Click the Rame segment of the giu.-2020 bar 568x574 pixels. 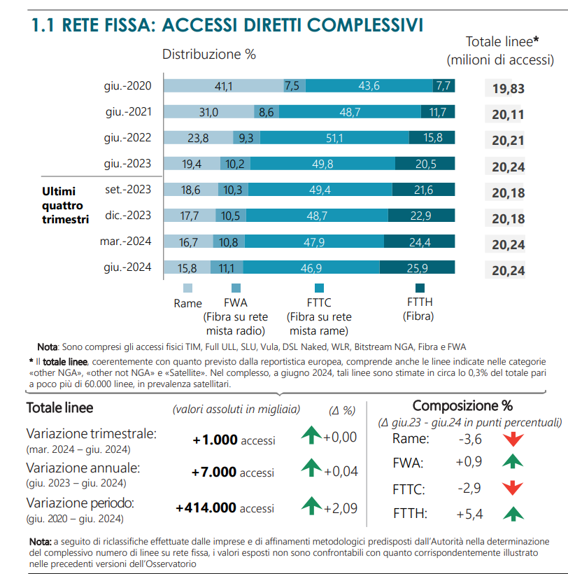point(223,85)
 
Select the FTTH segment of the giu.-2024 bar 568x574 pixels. point(417,267)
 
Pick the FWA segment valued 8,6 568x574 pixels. point(267,112)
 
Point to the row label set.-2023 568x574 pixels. point(129,190)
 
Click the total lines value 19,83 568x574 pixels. point(508,89)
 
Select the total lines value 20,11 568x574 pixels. point(508,115)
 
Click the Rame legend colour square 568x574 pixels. point(187,288)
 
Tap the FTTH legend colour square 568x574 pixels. point(420,288)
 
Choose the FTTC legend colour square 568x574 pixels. point(318,288)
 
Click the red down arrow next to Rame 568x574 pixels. point(514,440)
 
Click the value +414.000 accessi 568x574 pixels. point(225,508)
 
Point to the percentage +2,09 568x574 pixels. point(341,508)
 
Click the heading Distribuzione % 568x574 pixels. point(209,54)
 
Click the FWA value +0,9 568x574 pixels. point(469,462)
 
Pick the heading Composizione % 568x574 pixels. point(462,405)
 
